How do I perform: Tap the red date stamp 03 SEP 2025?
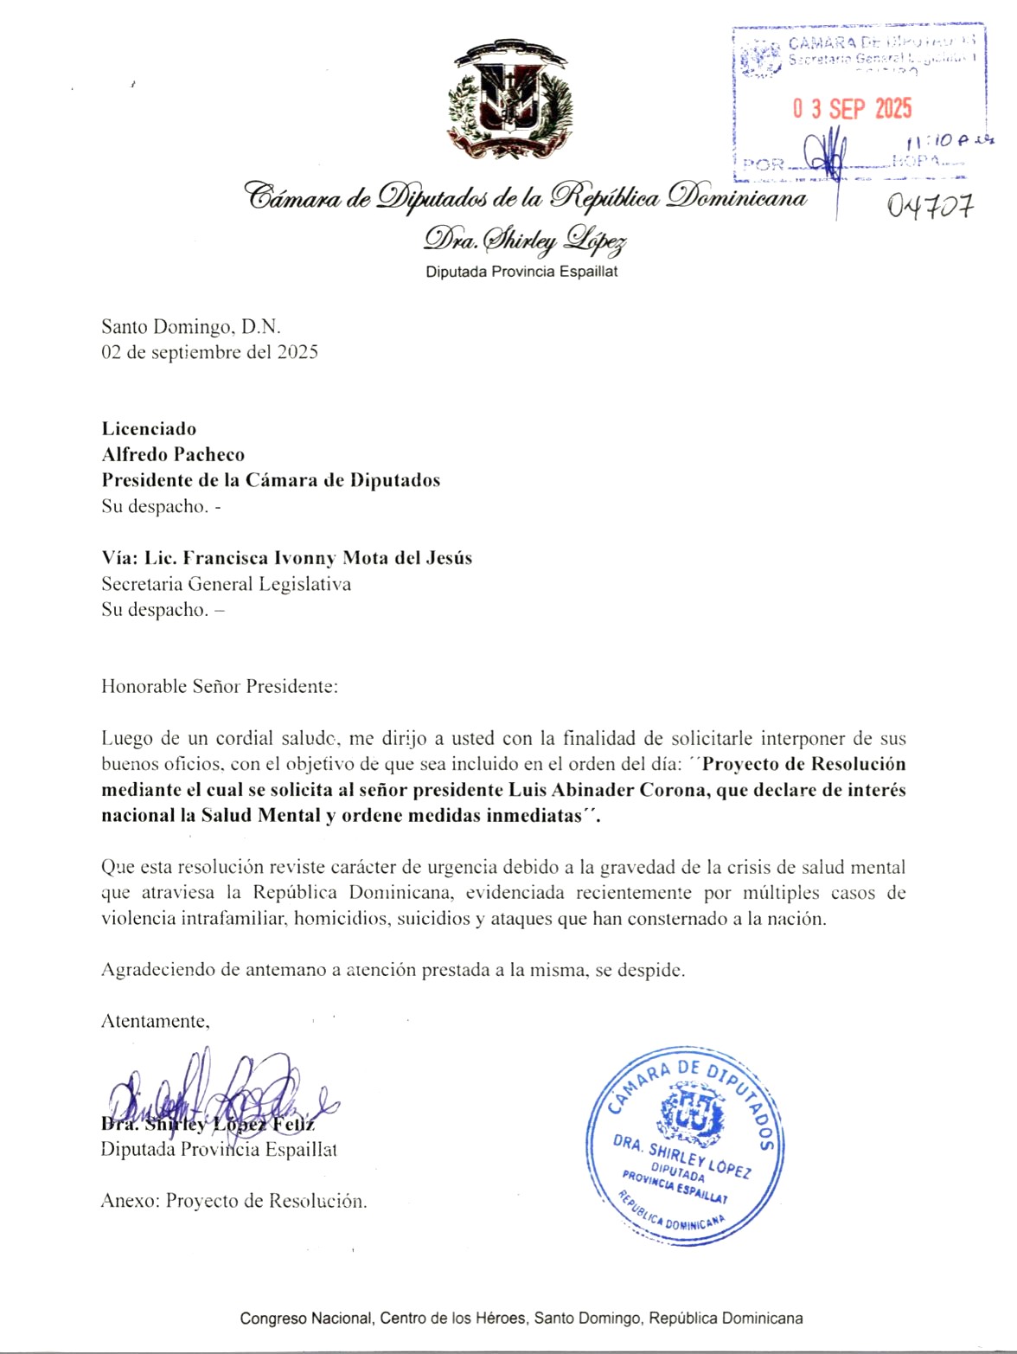pos(852,109)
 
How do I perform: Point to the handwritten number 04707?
pos(930,206)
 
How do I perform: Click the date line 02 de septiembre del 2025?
pos(209,352)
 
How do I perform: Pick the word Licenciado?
pos(149,428)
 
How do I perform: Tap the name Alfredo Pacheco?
pos(173,454)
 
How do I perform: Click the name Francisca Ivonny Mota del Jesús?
pos(327,558)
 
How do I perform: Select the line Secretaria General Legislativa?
pos(226,584)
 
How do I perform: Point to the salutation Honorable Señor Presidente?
pos(219,687)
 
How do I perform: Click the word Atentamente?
pos(155,1021)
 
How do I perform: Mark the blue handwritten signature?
pos(216,1094)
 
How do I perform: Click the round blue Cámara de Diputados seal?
pos(685,1146)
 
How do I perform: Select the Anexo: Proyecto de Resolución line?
pos(233,1201)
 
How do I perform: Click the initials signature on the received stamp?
pos(826,154)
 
